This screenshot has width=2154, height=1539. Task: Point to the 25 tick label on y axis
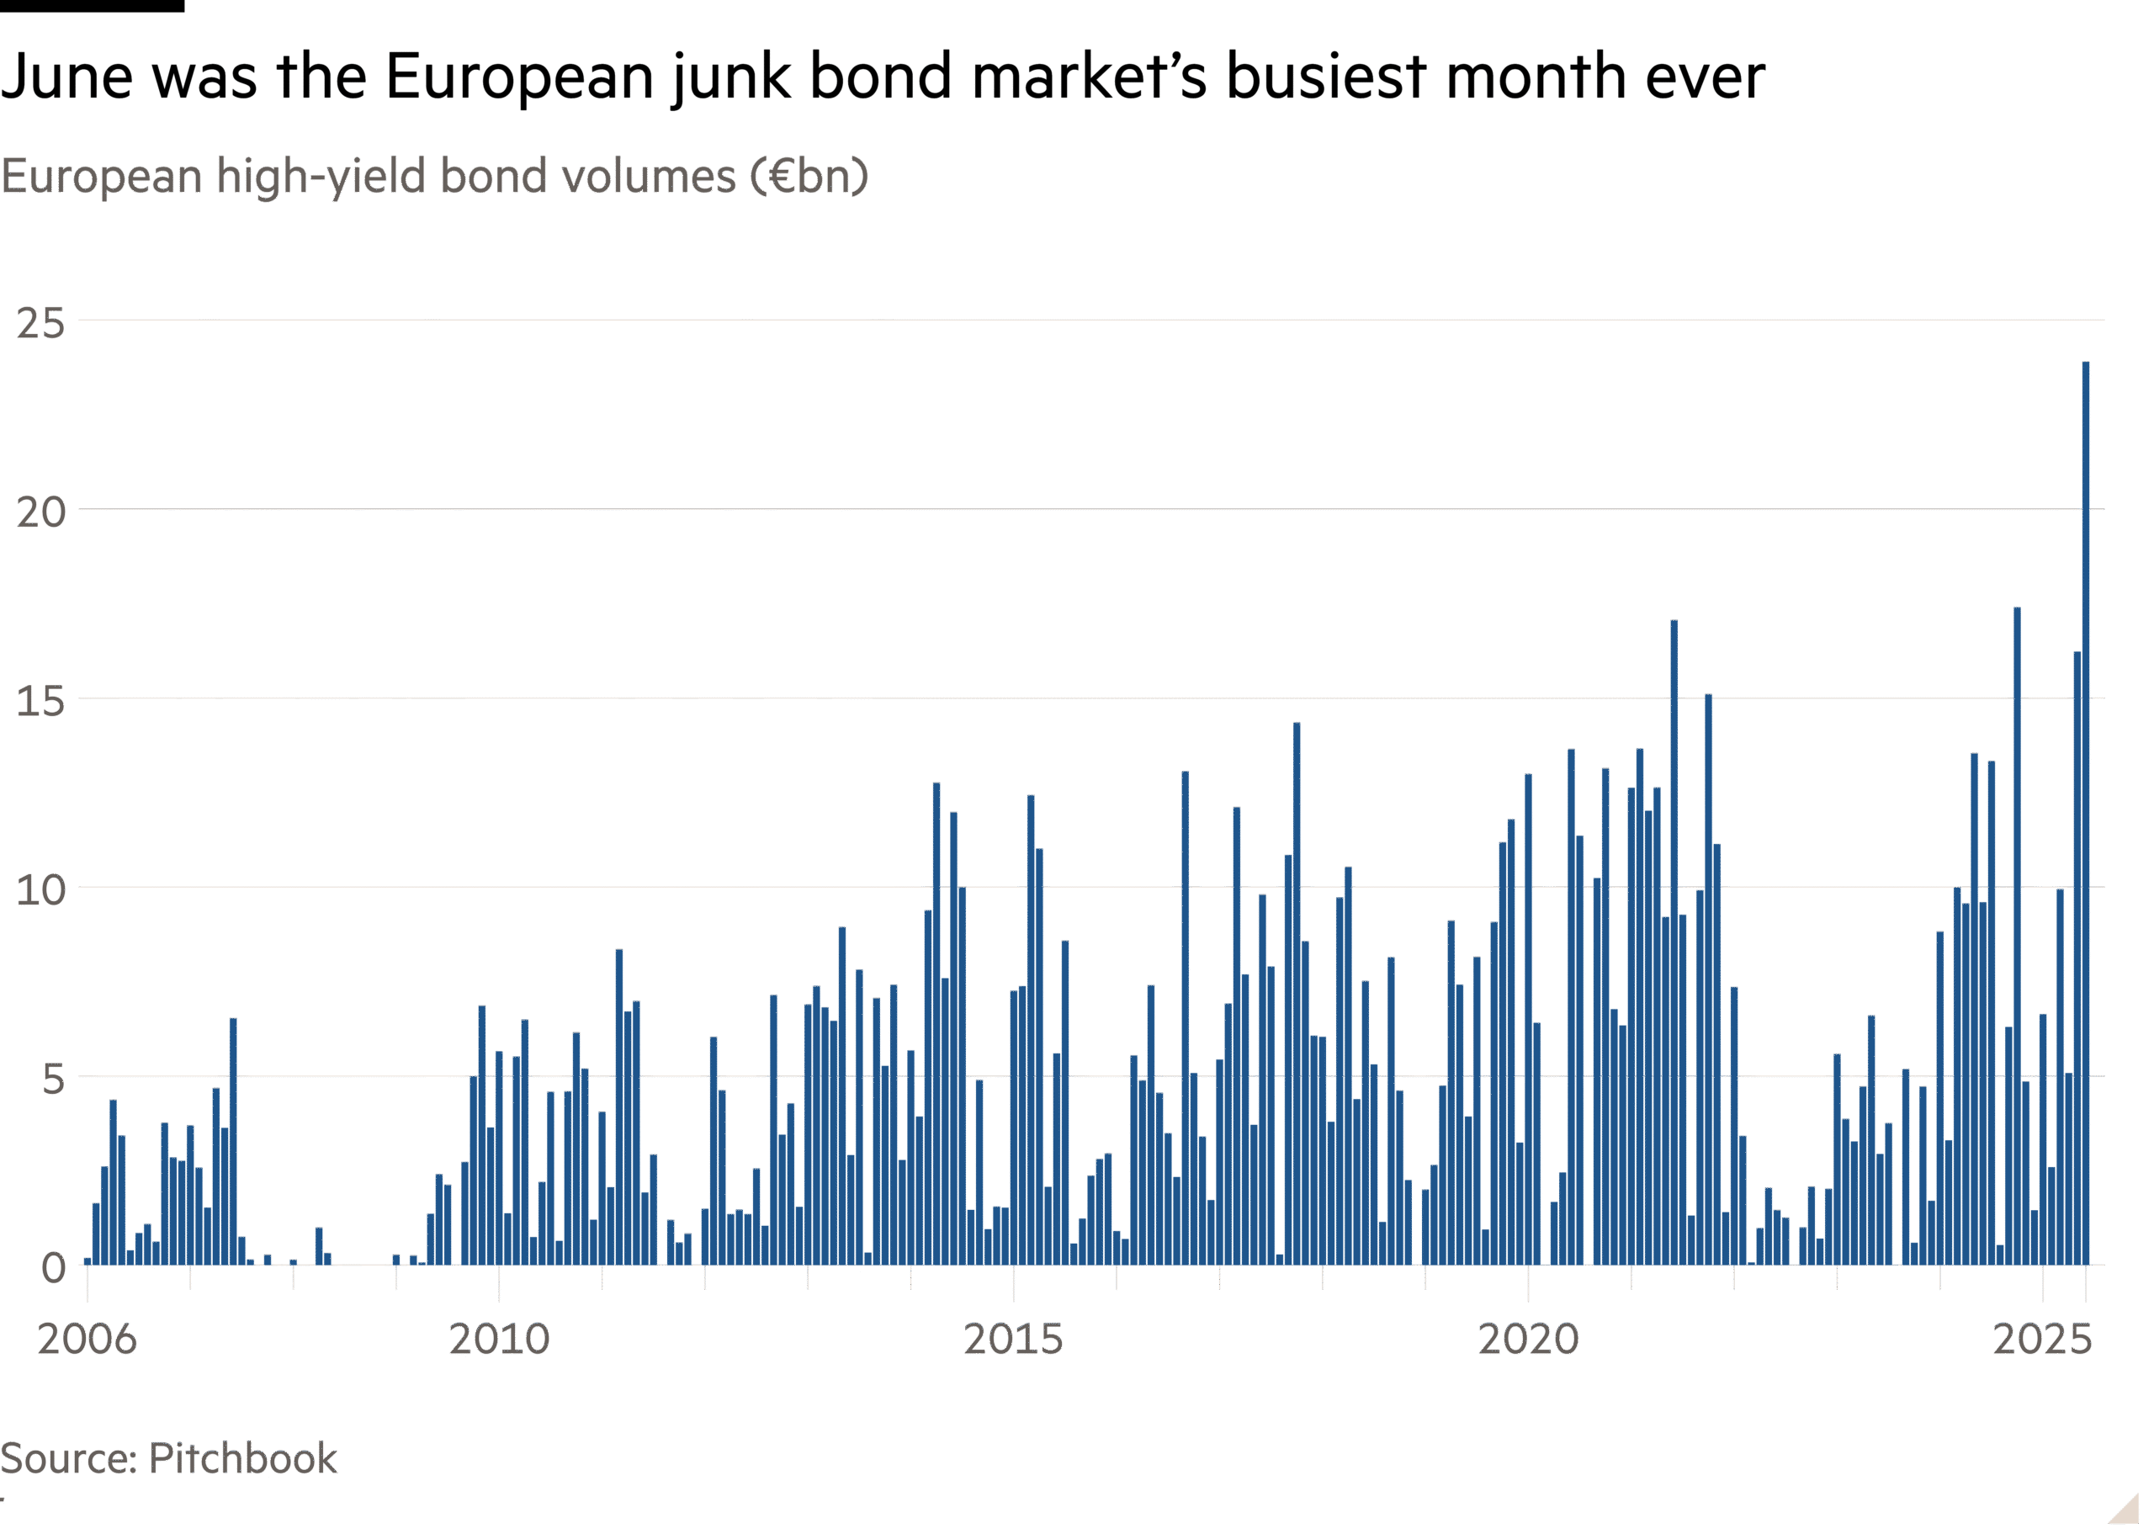tap(40, 324)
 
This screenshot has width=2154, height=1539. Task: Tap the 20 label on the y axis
tap(40, 512)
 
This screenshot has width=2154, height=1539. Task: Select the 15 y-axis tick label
tap(40, 703)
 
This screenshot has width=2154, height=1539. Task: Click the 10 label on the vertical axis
tap(40, 891)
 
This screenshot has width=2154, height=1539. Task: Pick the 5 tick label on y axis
tap(53, 1080)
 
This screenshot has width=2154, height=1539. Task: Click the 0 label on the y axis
tap(53, 1268)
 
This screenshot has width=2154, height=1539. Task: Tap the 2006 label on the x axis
tap(88, 1339)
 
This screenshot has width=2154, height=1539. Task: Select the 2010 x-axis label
tap(500, 1339)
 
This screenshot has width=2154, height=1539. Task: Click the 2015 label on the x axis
tap(1013, 1339)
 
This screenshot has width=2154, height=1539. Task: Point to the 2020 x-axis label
tap(1529, 1339)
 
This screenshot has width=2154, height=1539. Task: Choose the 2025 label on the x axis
tap(2041, 1339)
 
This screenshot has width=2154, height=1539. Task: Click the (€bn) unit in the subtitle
tap(810, 176)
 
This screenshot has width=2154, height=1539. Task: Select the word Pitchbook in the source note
tap(242, 1458)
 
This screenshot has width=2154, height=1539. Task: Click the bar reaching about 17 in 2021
tap(1674, 947)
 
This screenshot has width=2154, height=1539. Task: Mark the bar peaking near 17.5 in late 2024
tap(2017, 938)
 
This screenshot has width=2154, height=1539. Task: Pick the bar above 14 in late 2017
tap(1297, 995)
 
